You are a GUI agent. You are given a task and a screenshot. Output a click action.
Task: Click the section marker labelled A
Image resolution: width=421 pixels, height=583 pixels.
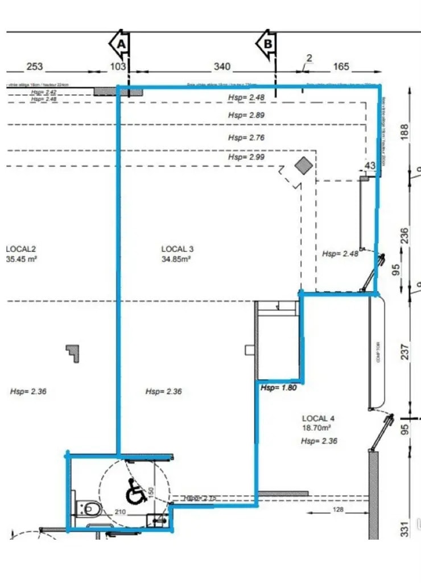coord(120,43)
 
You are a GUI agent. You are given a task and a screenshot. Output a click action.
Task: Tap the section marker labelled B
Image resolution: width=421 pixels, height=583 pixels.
coord(266,43)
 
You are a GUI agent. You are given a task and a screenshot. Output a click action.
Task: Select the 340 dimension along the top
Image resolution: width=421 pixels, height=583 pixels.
coord(222,67)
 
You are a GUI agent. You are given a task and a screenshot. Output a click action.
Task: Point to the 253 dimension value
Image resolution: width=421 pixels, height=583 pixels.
coord(34,67)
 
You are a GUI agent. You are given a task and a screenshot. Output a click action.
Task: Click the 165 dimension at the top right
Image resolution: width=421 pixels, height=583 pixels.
coord(340,67)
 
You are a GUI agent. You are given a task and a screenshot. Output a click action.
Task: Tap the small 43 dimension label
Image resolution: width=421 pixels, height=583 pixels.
coord(370,166)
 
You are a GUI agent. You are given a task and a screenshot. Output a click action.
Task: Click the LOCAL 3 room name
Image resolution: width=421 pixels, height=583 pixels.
coord(178,249)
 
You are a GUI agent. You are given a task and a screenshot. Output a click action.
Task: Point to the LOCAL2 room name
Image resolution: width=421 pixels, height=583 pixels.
coord(21,249)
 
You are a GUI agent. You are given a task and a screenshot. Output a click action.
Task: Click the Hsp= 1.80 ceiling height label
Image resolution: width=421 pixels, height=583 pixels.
coord(279,388)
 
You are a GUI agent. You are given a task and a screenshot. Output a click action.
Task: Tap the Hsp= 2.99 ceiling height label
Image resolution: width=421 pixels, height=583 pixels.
coord(246,157)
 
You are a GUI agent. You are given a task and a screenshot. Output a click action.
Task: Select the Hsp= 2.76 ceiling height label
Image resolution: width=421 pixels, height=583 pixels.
coord(246,138)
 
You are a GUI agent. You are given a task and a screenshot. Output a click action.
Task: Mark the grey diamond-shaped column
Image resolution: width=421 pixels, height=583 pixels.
coord(303,166)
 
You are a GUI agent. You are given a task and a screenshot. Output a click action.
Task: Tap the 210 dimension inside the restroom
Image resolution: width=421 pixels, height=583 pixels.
coord(119,512)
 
